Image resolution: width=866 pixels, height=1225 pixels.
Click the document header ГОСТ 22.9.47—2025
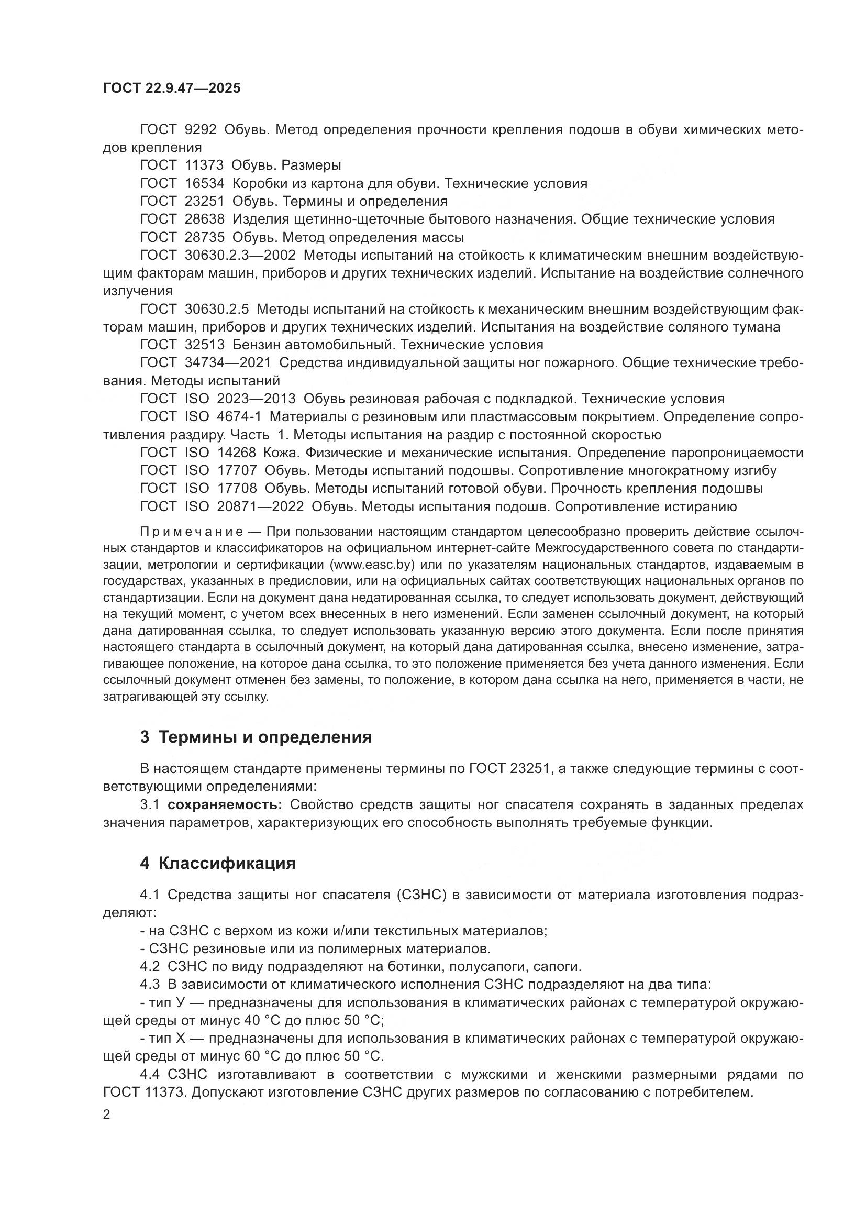point(172,88)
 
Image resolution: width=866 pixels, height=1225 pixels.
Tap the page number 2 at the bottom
point(107,1114)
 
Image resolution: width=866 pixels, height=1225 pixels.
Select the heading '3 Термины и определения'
point(256,737)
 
